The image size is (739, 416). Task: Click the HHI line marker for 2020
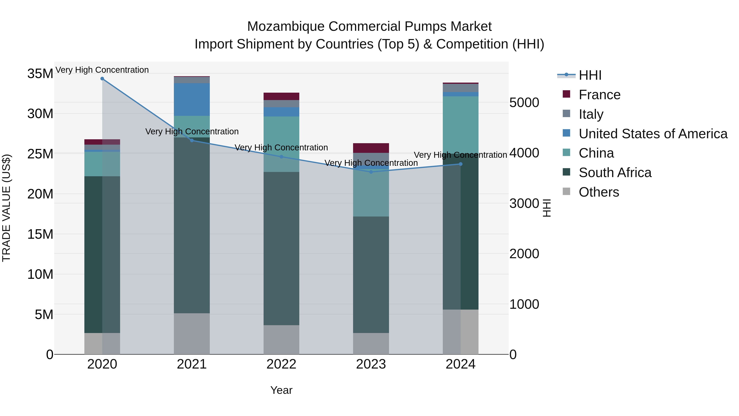click(x=102, y=79)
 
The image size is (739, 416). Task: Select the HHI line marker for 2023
click(x=371, y=172)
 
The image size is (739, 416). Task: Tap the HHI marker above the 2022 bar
click(x=281, y=157)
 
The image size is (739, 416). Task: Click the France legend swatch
click(x=566, y=94)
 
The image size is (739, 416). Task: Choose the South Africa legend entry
click(x=615, y=173)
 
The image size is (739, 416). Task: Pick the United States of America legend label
click(x=653, y=134)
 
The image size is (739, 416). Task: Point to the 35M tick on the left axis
click(x=40, y=74)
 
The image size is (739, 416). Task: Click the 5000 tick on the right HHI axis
click(x=524, y=103)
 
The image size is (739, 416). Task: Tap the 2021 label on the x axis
click(x=192, y=364)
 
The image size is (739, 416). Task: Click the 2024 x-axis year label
click(x=460, y=364)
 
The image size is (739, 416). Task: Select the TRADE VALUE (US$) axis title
click(x=6, y=208)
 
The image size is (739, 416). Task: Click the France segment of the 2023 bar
click(x=371, y=148)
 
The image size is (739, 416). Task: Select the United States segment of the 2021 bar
click(x=192, y=99)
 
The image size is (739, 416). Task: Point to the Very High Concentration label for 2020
click(x=102, y=70)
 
